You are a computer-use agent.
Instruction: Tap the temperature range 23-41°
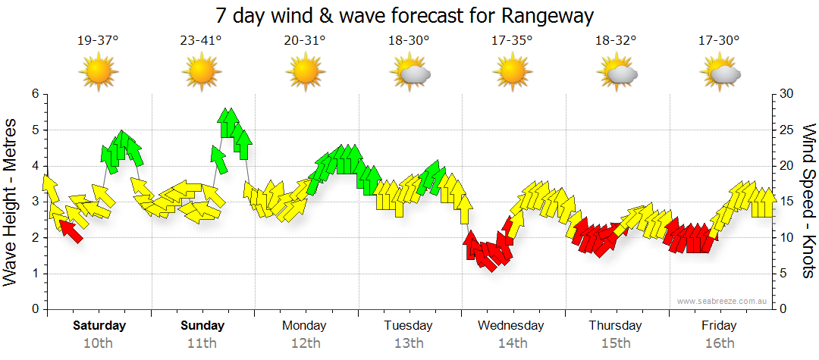point(201,41)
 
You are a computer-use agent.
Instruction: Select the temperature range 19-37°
point(98,41)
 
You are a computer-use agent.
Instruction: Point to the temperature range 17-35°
point(512,41)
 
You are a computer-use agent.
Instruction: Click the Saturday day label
point(99,326)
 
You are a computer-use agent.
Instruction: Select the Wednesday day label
point(511,326)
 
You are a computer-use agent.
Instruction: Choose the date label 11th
point(202,343)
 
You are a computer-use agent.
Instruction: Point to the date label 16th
point(719,343)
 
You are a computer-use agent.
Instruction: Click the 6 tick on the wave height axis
point(33,94)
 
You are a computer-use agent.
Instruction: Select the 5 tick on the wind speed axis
point(784,274)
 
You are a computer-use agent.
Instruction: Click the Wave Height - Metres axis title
point(11,201)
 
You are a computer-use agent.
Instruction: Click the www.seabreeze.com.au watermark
point(723,301)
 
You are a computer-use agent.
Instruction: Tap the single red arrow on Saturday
point(71,230)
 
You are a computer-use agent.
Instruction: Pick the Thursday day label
point(615,326)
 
